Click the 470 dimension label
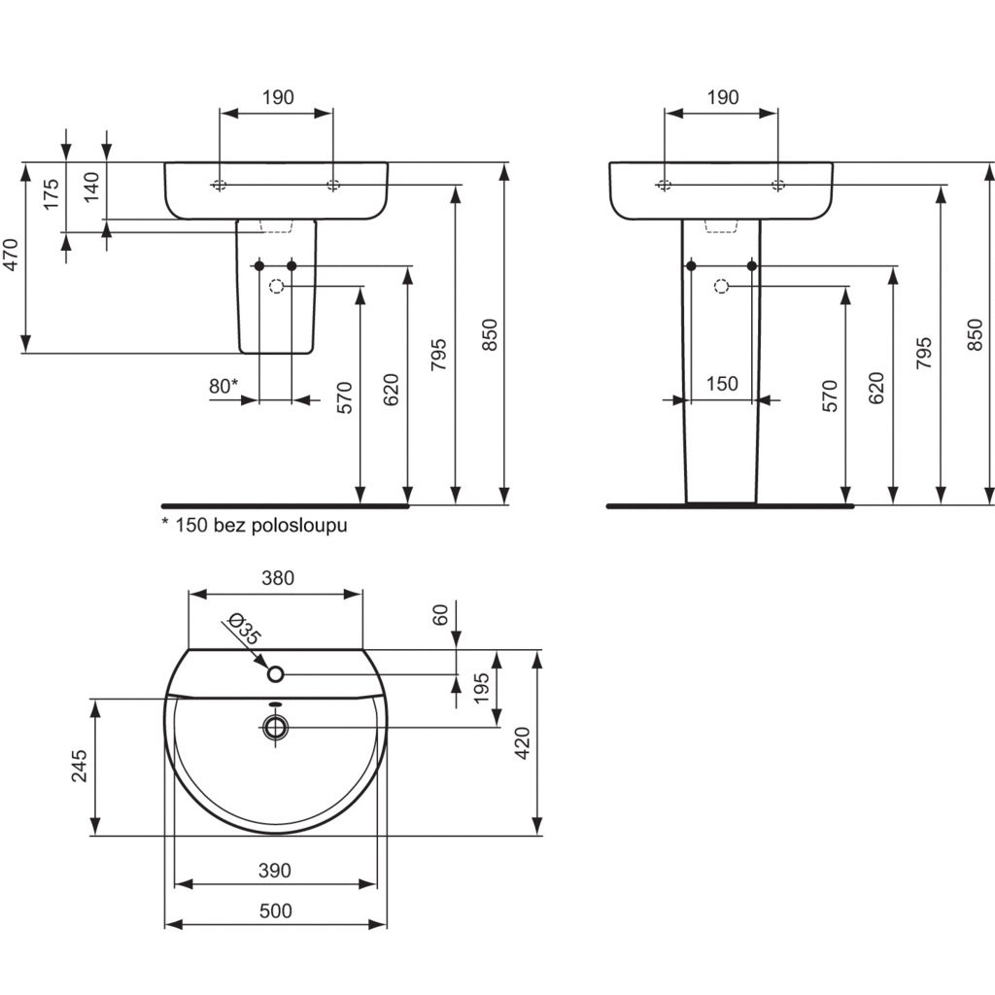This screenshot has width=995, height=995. (12, 254)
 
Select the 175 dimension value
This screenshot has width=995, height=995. (51, 194)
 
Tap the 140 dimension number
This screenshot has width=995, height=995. (92, 187)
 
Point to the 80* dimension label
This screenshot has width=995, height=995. (223, 385)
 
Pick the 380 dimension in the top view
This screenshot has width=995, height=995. (277, 578)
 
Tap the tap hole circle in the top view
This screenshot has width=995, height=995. (275, 674)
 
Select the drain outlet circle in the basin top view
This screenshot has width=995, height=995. (275, 727)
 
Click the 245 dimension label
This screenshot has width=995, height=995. (80, 766)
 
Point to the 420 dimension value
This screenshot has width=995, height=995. (523, 743)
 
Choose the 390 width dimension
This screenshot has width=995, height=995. (275, 871)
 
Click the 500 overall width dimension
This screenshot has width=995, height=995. (276, 911)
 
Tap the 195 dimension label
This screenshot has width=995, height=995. (482, 689)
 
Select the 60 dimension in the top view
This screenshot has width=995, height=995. (441, 614)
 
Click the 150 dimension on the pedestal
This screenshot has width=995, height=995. (722, 384)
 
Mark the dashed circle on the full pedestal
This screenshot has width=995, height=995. (721, 287)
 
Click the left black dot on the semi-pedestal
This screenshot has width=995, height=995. (258, 266)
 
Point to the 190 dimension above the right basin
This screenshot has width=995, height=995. (723, 97)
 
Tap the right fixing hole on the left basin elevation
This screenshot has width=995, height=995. (333, 186)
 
